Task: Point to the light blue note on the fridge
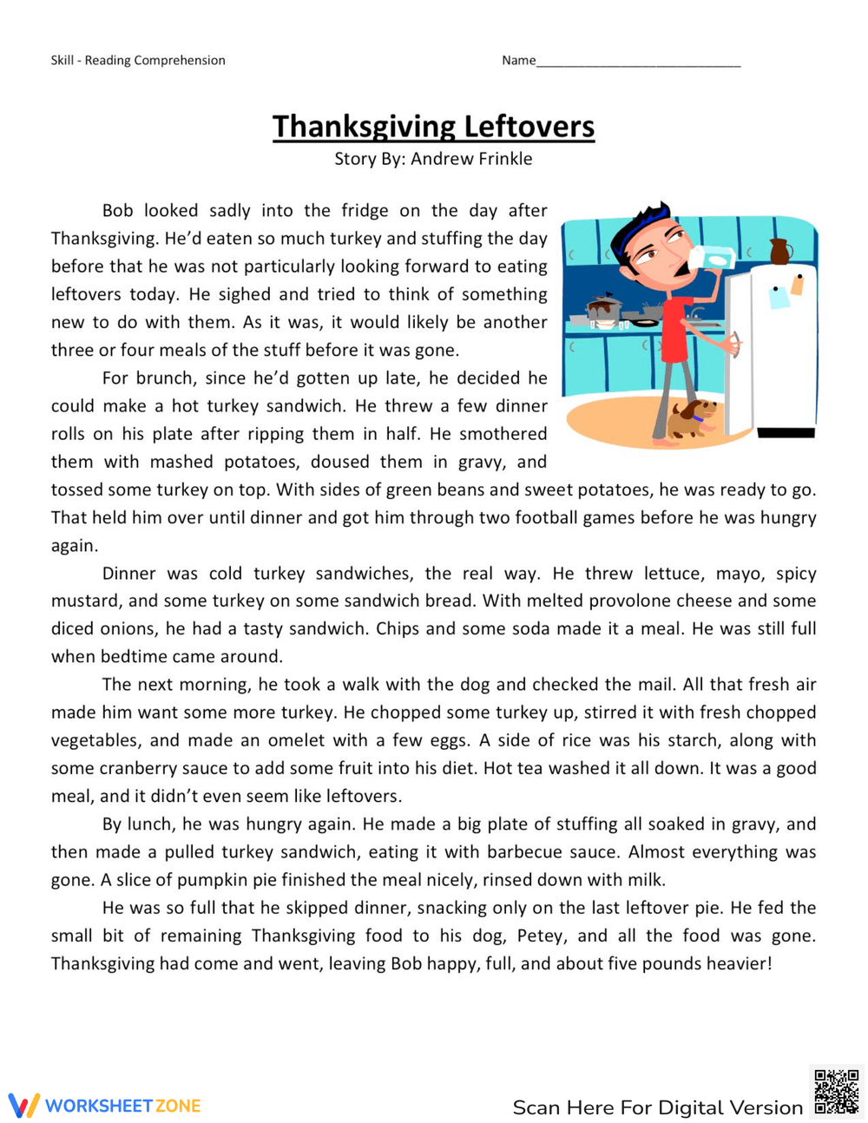pos(779,297)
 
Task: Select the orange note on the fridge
pos(797,284)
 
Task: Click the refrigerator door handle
pos(737,345)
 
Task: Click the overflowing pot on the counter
pos(604,310)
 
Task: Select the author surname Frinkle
pos(503,159)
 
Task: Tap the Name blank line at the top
pos(638,62)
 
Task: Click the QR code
pos(836,1091)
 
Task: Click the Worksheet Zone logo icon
pos(23,1105)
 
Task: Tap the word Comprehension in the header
pos(180,60)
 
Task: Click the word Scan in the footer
pos(536,1107)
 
